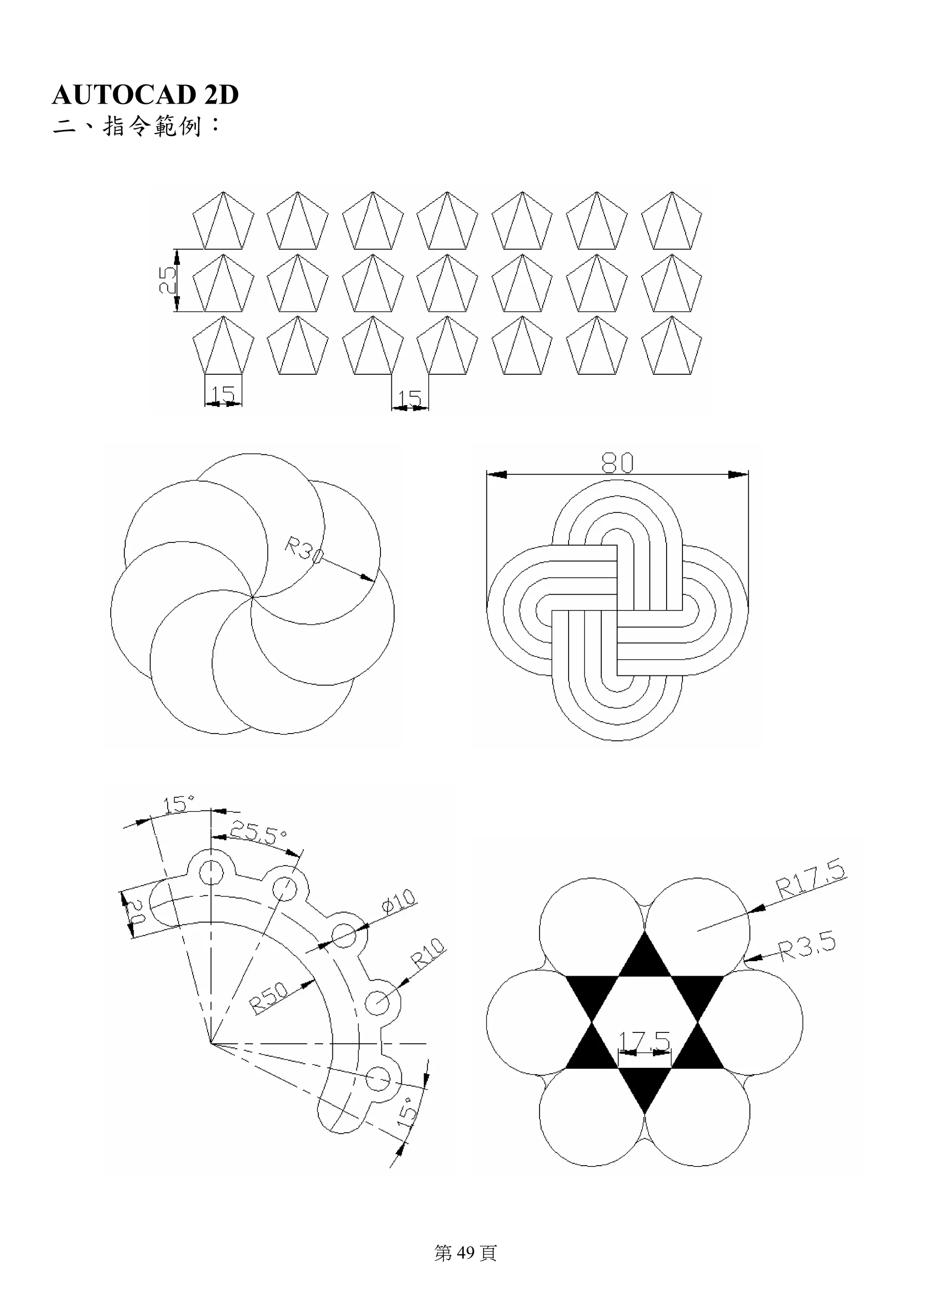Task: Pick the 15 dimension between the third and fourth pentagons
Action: click(410, 397)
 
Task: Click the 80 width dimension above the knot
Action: click(617, 463)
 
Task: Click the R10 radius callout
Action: click(428, 953)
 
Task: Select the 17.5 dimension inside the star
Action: click(644, 1040)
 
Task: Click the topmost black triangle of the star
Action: click(645, 959)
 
